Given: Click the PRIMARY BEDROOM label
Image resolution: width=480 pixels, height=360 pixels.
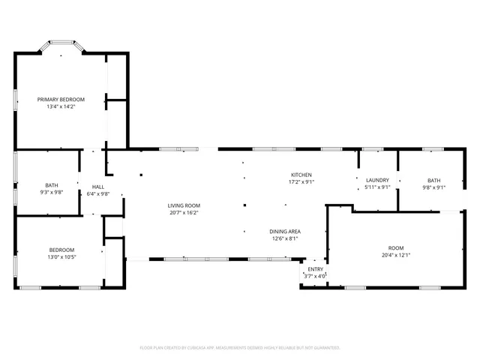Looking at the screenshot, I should (61, 99).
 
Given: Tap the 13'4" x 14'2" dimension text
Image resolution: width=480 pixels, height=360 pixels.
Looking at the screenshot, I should (61, 106).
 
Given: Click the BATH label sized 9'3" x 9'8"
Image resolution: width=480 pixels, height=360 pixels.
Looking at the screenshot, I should (51, 185).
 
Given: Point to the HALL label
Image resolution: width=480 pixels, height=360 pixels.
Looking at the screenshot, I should (98, 187).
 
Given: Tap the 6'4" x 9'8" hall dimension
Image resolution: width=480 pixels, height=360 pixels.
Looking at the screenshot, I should (98, 194).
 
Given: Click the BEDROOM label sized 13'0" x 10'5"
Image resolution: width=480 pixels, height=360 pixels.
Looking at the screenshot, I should (61, 250).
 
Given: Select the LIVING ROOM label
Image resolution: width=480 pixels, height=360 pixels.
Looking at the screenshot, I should (183, 205).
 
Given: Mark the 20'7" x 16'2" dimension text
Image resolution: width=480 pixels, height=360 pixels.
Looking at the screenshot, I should (183, 213).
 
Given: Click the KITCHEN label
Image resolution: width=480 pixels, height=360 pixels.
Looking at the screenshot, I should (301, 174).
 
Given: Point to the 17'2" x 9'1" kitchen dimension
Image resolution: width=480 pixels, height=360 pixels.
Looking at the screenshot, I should (301, 181).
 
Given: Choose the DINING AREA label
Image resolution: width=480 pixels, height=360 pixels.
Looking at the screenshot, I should (285, 231).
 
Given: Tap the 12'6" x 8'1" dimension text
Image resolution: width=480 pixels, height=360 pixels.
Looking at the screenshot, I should (285, 238).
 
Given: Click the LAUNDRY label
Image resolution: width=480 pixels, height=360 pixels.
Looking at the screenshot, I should (376, 180).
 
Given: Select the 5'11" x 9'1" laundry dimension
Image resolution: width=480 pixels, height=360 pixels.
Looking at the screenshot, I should (376, 187).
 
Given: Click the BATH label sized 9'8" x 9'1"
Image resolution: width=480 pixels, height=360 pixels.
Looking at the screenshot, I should (434, 180).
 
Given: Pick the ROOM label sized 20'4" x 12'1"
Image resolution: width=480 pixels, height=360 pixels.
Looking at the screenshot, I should (395, 247).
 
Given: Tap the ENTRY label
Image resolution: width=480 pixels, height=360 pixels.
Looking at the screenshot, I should (316, 269).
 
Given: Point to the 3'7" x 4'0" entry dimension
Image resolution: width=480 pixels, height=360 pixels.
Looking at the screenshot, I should (316, 276).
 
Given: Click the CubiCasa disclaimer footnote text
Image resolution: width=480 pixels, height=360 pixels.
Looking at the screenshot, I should (240, 348).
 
